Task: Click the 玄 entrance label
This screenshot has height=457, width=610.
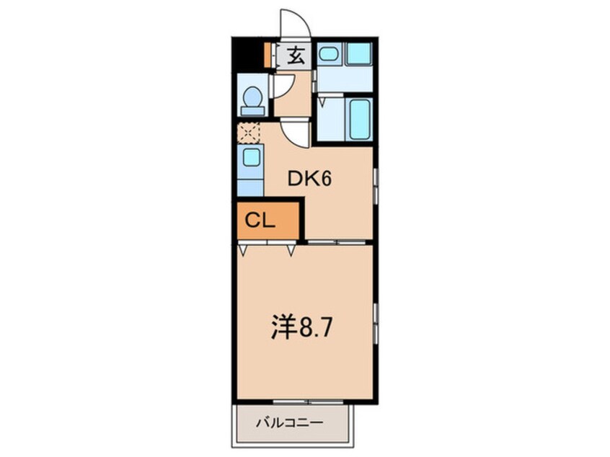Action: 296,56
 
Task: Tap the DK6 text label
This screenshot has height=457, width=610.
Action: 309,179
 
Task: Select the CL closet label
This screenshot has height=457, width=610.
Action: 260,221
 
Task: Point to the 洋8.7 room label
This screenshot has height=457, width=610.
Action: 301,329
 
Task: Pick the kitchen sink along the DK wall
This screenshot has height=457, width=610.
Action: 250,157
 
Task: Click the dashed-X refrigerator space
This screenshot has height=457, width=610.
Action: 249,133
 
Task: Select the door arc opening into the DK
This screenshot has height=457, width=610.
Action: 295,134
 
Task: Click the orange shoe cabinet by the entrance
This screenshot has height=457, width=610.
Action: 268,55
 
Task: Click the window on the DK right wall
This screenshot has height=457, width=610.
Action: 375,186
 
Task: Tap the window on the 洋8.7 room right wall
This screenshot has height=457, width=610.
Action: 375,322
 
